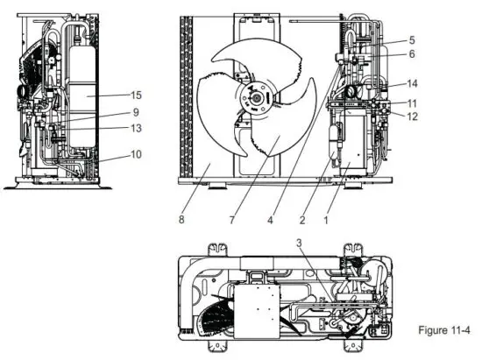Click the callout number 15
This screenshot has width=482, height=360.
[137, 95]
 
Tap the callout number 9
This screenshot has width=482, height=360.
[137, 112]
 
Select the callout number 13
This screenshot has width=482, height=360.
[137, 129]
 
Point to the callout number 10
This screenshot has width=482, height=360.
[137, 155]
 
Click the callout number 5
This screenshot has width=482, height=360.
[412, 40]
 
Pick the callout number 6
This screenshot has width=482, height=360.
[412, 53]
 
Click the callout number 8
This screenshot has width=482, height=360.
[181, 220]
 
